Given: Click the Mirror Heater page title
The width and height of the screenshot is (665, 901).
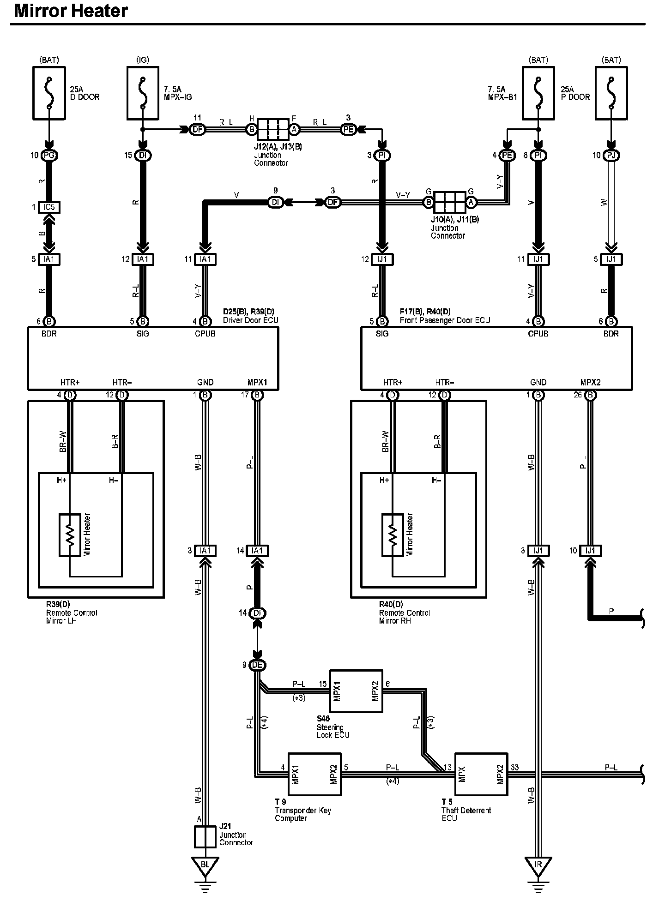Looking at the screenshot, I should pos(71,11).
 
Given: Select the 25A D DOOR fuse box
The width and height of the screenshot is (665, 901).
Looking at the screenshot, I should pos(49,92).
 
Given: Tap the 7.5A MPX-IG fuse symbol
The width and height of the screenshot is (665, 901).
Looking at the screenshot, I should pos(143,92).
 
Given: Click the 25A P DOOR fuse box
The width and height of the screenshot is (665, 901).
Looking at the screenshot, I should pos(611,92).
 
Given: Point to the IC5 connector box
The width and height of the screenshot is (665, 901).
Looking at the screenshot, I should pos(49,207).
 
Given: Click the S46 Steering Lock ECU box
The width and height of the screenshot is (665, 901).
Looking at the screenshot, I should pos(356,691).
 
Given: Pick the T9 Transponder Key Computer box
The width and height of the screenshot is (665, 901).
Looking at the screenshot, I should pos(314,774).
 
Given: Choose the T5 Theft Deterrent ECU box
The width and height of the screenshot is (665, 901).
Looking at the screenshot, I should pos(481,774).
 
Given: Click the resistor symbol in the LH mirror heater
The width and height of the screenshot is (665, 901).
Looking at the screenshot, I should pos(70,535).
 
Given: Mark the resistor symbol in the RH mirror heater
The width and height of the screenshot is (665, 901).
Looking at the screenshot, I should pos(393,535).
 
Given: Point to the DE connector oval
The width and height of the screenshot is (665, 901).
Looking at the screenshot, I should pos(257,665).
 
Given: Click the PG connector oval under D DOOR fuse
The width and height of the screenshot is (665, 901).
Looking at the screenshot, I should pos(49,156).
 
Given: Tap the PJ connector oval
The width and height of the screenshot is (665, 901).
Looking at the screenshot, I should pos(611,156).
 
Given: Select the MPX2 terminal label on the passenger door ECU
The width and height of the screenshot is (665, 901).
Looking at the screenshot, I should pos(590,382).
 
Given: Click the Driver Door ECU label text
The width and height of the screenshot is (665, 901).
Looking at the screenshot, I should pos(251,320).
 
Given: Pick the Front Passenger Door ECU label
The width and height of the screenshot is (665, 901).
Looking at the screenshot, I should pos(445,320).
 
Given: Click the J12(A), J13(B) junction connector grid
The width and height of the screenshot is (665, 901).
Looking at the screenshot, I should pos(272,129).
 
